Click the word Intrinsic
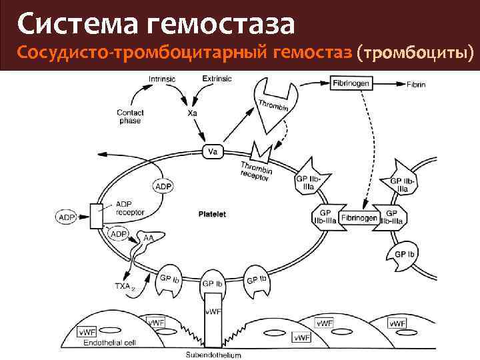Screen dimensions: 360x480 coord(161,79)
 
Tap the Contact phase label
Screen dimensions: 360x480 coord(130,117)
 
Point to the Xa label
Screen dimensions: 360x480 coord(192,114)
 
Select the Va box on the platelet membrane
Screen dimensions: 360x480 coord(213,152)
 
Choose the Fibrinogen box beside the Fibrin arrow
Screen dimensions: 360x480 coord(351,83)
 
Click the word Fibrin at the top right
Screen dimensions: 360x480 coord(416,84)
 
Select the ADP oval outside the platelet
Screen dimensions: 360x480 coord(66,217)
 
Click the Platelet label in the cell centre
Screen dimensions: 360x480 coord(213,215)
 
